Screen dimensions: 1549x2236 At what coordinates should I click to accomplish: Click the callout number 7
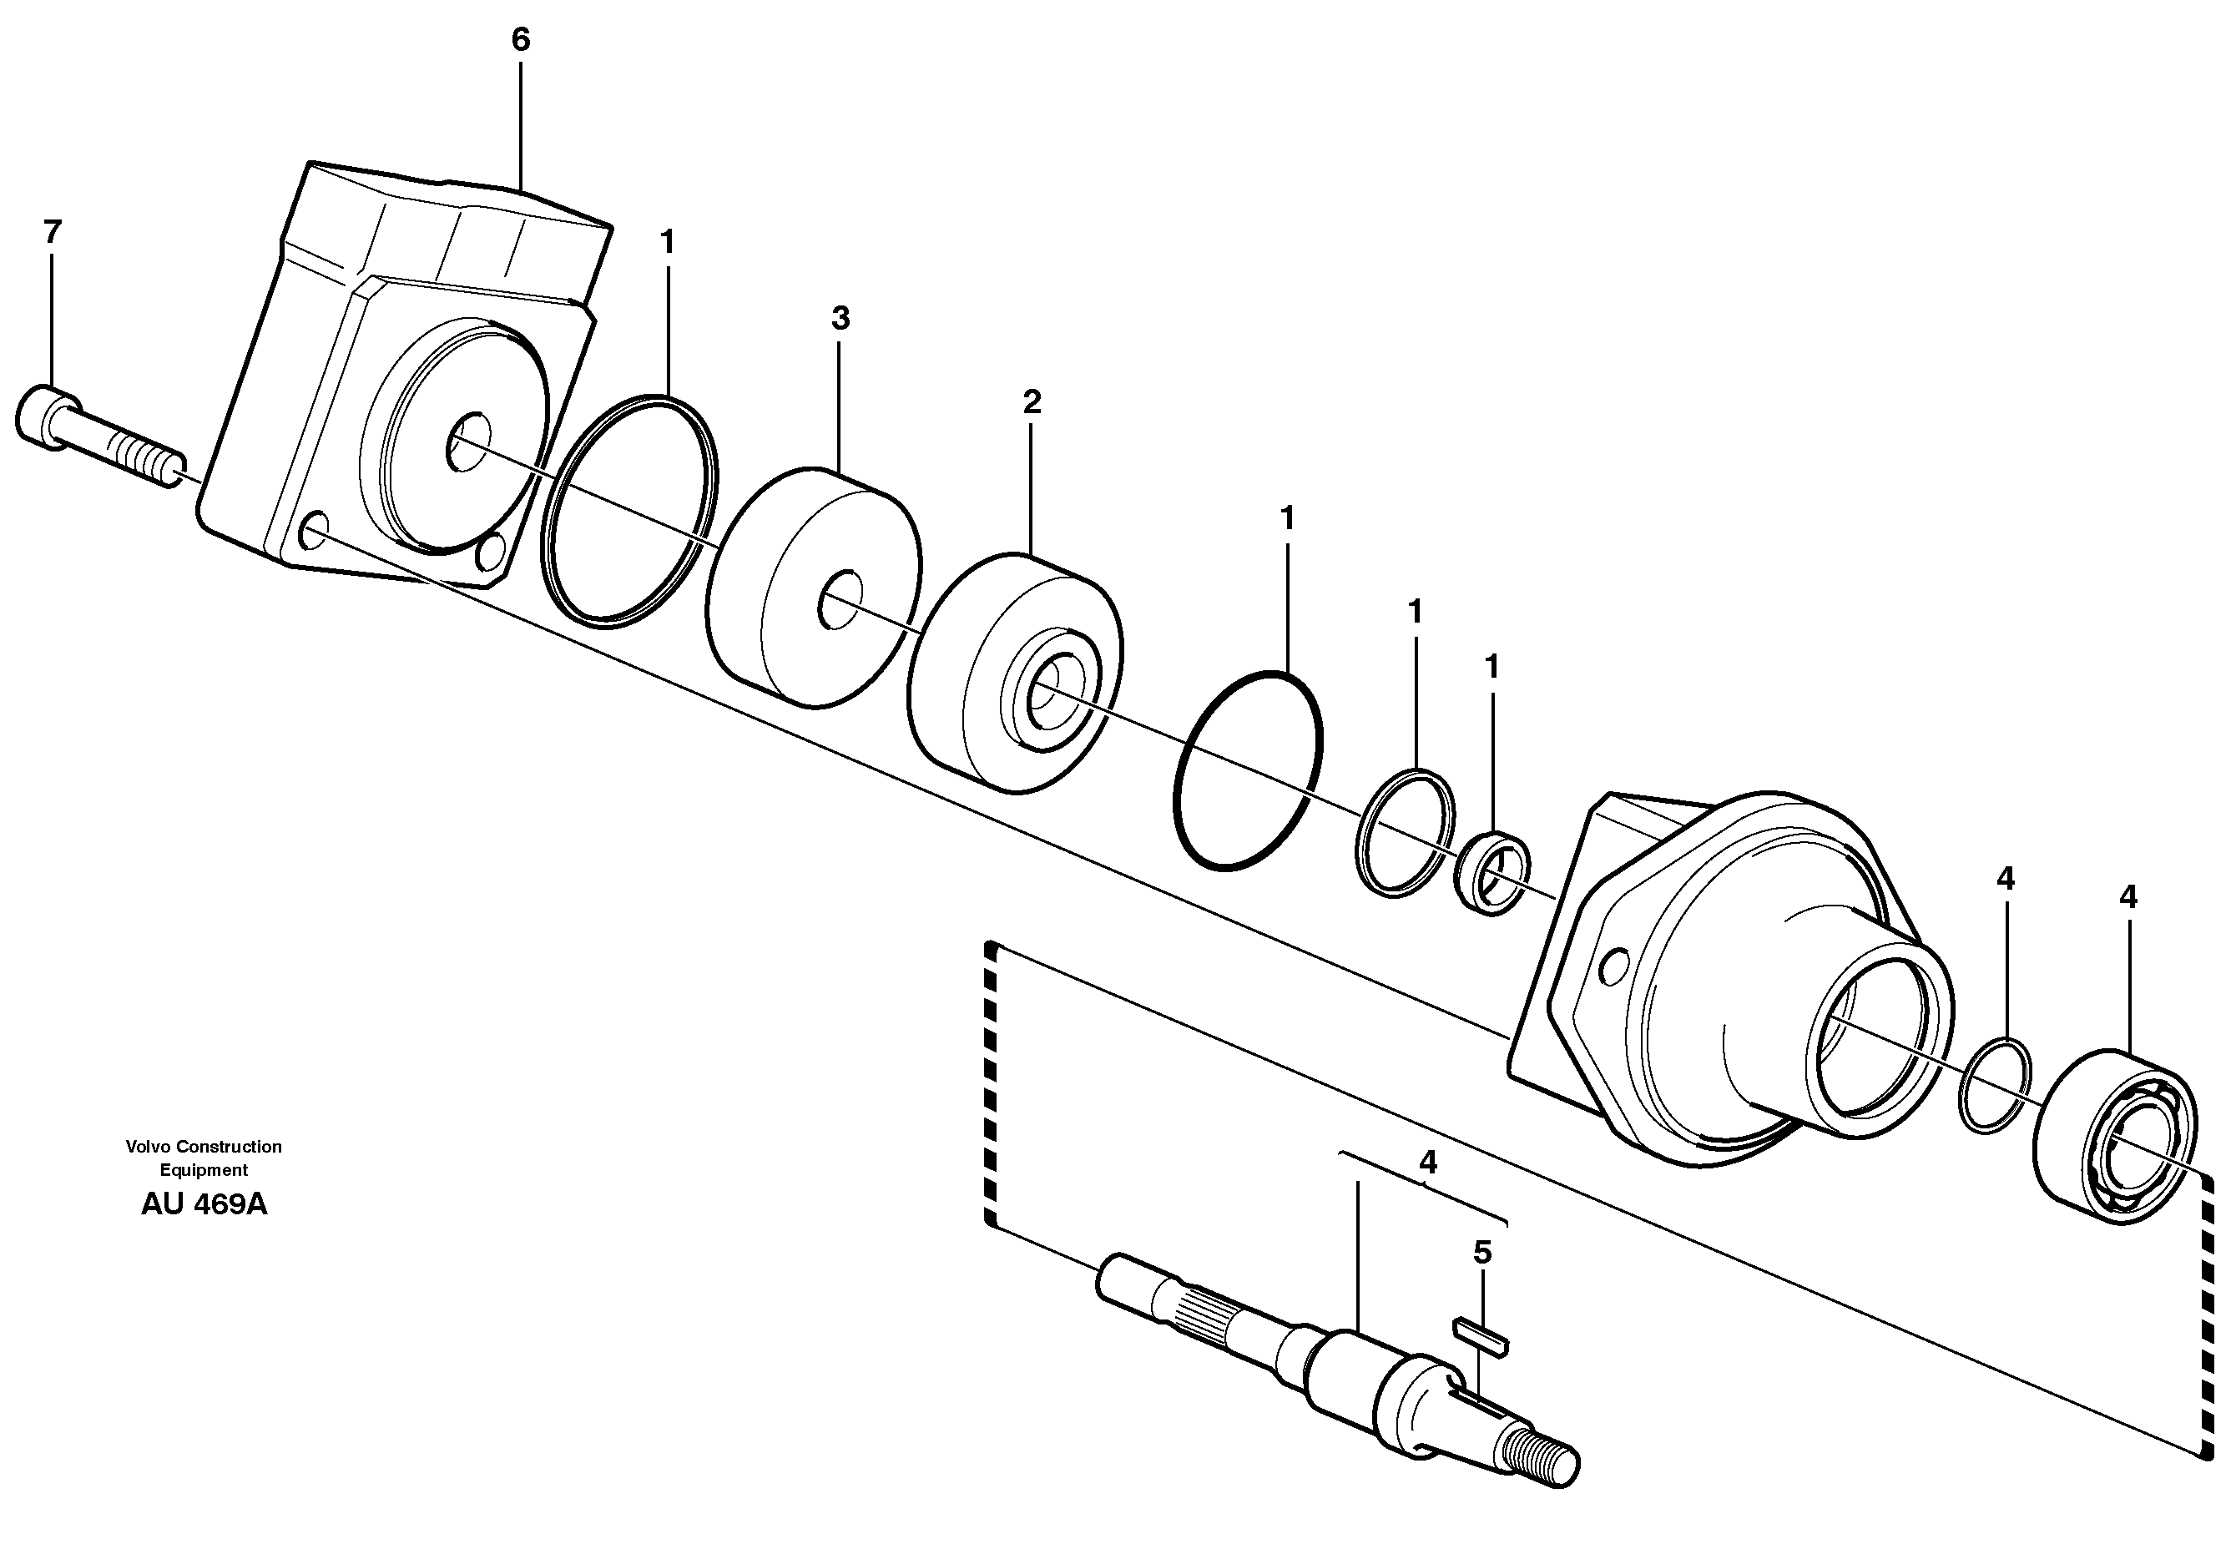pos(53,232)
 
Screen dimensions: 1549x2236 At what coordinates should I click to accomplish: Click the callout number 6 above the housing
pos(520,40)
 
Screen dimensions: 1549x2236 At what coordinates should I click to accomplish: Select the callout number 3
pos(840,318)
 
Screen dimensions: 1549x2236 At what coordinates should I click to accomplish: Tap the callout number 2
pos(1032,401)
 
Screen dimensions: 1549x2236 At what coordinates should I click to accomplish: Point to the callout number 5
pos(1482,1253)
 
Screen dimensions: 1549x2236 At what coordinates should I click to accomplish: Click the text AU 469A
pos(204,1205)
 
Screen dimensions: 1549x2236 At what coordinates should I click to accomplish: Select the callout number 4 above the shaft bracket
pos(1426,1162)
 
